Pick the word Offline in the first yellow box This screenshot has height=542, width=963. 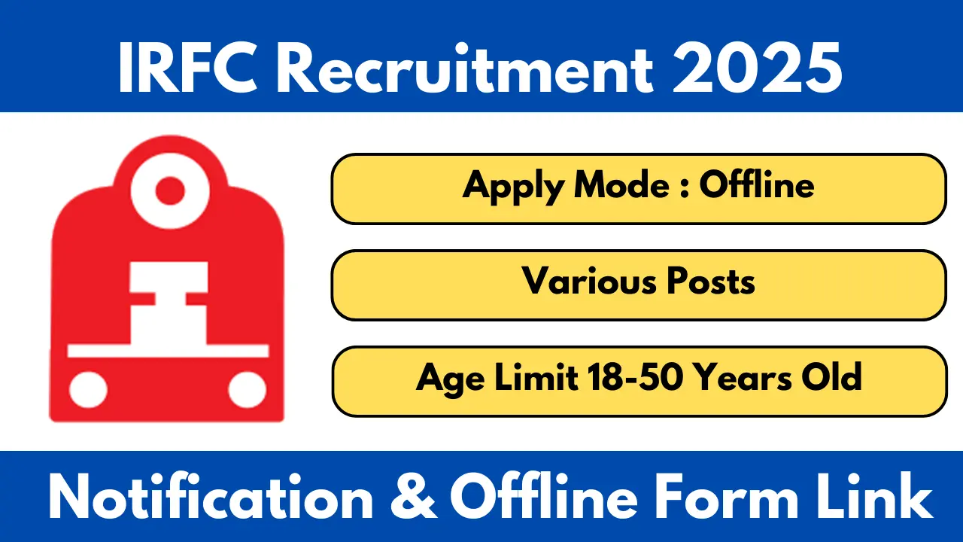[756, 184]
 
